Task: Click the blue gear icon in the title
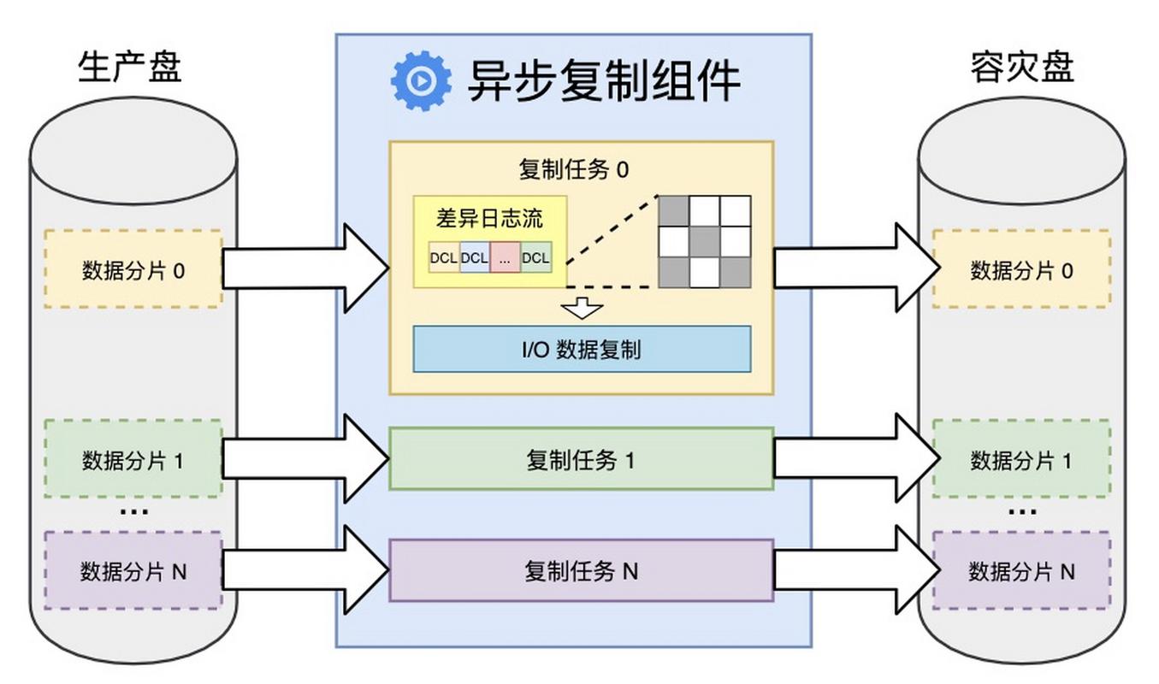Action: (421, 81)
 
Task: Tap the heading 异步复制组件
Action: (603, 81)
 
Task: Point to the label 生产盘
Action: (130, 67)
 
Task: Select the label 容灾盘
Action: (1022, 67)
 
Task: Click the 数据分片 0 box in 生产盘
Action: (133, 270)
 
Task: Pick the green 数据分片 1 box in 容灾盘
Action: (1020, 461)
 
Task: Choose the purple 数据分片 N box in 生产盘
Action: (133, 570)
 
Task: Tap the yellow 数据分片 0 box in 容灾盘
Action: (1020, 270)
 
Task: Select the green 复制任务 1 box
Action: (581, 460)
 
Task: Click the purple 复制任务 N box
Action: (581, 570)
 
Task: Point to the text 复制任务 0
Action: (573, 169)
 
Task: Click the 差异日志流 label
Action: (489, 218)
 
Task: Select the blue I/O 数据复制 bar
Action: (582, 349)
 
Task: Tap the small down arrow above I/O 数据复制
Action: (582, 308)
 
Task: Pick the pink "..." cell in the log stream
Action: (505, 257)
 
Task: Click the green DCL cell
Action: (536, 257)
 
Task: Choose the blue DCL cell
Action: (474, 257)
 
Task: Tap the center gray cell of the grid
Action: (704, 242)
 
